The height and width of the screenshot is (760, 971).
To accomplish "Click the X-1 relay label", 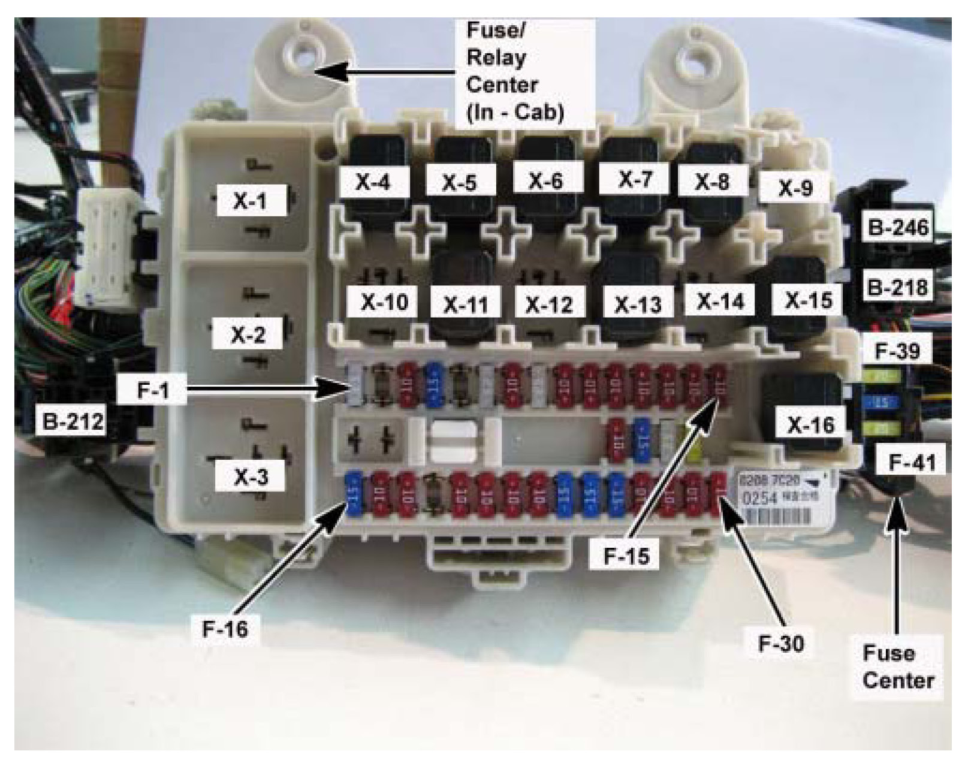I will [x=250, y=201].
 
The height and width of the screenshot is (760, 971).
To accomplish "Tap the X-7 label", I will [x=635, y=179].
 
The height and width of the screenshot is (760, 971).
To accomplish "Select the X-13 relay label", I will [x=638, y=305].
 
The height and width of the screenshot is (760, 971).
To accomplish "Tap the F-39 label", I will [x=897, y=351].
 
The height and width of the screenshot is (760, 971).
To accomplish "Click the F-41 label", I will [x=912, y=463].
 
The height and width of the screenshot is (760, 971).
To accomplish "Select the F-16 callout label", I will [x=225, y=629].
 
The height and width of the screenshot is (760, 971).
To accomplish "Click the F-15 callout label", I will [x=626, y=556].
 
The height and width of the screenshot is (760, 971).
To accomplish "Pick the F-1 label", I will [x=153, y=391].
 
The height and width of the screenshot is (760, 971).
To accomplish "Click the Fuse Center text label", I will [x=898, y=666].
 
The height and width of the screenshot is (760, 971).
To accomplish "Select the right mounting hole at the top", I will [x=697, y=60].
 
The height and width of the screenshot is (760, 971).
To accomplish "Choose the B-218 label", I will [x=897, y=288].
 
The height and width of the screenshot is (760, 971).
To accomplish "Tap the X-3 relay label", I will [x=251, y=477].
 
